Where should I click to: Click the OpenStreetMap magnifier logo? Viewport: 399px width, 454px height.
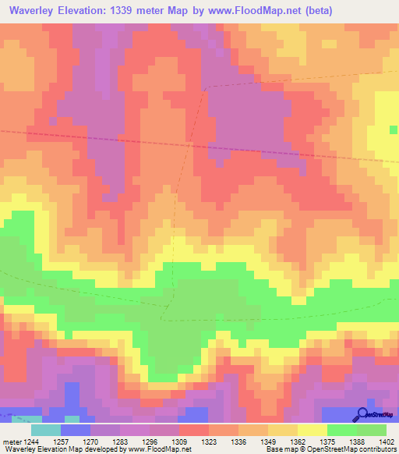pos(363,413)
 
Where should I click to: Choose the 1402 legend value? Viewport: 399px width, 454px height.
pos(387,441)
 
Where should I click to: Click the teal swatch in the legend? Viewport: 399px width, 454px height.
pos(46,429)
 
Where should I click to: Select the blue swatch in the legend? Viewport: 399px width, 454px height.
pos(76,429)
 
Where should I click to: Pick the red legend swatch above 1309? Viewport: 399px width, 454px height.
pos(194,429)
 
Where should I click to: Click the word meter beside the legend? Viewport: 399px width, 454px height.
pos(11,441)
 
